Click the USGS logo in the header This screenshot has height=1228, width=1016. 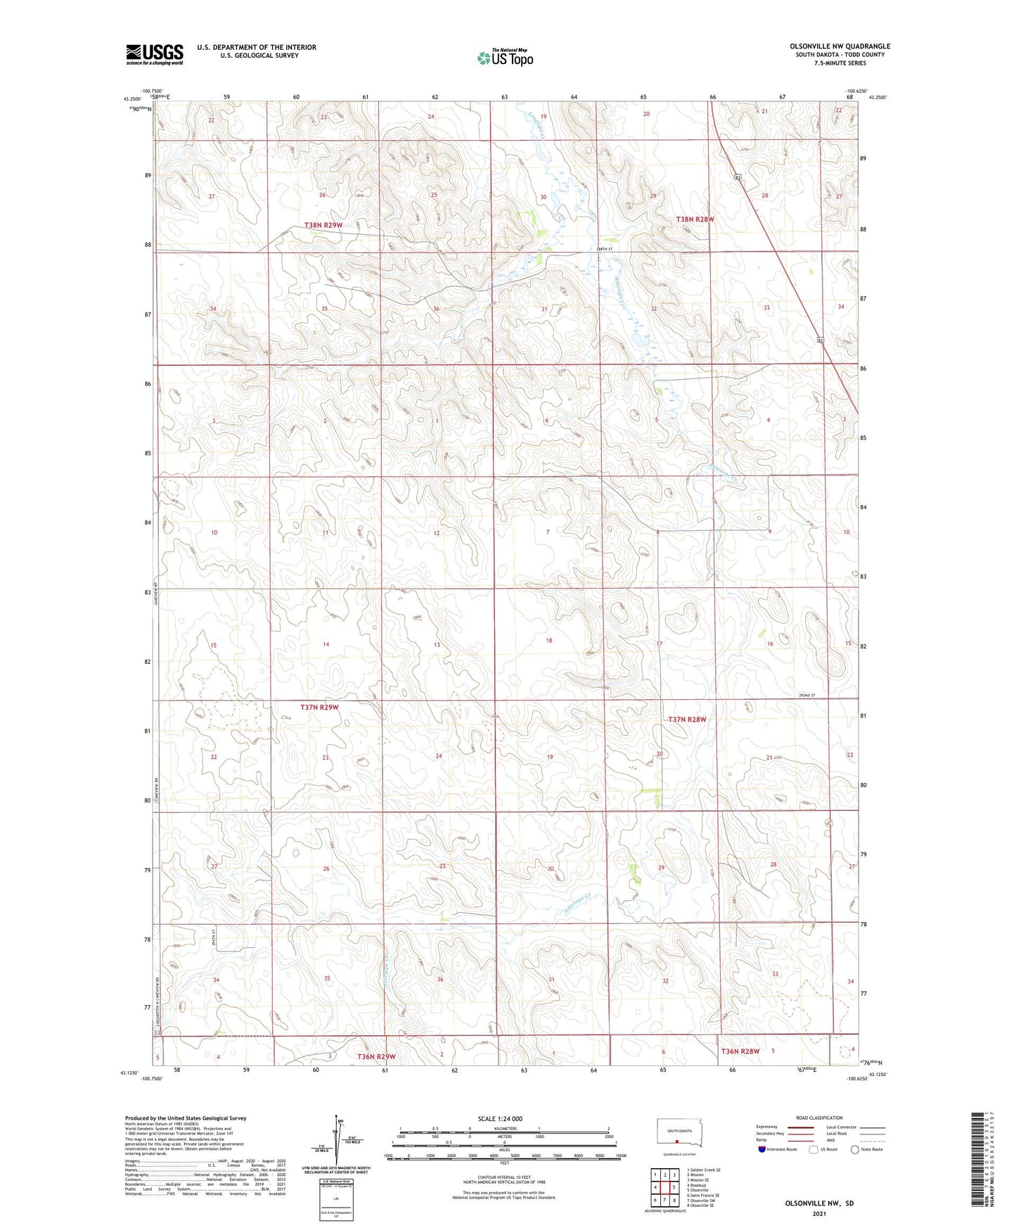coord(154,54)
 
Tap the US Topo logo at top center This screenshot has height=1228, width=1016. coord(505,58)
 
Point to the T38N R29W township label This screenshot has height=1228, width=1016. coord(323,225)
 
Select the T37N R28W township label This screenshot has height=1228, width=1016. coord(686,719)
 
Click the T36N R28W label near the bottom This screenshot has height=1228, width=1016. coord(740,1051)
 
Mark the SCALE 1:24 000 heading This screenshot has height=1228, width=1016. coord(500,1119)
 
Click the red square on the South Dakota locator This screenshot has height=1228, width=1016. coord(677,1142)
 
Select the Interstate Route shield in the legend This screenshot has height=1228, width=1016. coord(763,1150)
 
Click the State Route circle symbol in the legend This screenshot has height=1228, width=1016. coord(855,1150)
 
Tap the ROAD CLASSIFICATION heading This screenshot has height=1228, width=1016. coord(819,1118)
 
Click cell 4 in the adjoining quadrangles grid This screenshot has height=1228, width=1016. coord(655,1187)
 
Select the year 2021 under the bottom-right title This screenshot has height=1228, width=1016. coord(819,1214)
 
